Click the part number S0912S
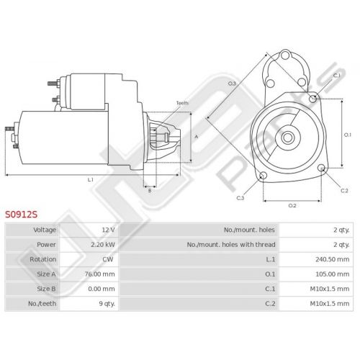[x=22, y=215]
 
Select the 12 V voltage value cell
[x=108, y=230]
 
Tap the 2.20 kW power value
[x=103, y=245]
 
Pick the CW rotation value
[x=108, y=259]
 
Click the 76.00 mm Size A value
[x=99, y=274]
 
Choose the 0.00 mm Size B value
[x=102, y=289]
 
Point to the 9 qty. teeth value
[x=107, y=304]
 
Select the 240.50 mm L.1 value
[x=333, y=259]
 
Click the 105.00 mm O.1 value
[x=333, y=274]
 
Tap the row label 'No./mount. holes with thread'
[x=231, y=245]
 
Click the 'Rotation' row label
[x=43, y=259]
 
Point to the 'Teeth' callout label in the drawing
[x=182, y=103]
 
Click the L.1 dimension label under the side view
[x=90, y=179]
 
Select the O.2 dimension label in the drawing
[x=292, y=206]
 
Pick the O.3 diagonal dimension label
[x=232, y=84]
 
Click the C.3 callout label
[x=240, y=198]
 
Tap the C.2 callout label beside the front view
[x=344, y=191]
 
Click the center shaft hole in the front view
[x=287, y=138]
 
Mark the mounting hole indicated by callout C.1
[x=313, y=99]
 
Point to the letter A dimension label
[x=197, y=137]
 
